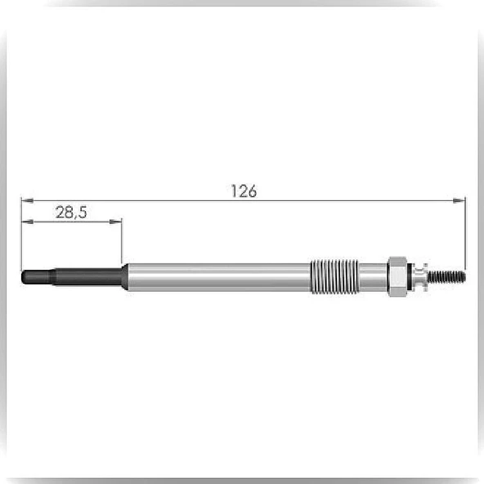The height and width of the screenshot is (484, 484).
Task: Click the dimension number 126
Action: tap(244, 191)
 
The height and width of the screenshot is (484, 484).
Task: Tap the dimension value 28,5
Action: tap(71, 213)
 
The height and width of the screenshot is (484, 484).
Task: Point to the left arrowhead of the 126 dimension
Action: tap(27, 200)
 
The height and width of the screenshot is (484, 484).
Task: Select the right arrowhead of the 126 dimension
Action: tap(459, 200)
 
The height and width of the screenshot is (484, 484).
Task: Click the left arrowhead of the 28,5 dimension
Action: tap(28, 222)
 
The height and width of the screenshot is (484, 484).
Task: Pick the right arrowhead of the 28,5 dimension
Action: tap(116, 222)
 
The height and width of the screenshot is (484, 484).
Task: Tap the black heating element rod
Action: tap(72, 277)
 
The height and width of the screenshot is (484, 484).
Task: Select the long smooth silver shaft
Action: tap(219, 277)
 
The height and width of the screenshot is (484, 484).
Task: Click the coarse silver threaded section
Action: tap(334, 276)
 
